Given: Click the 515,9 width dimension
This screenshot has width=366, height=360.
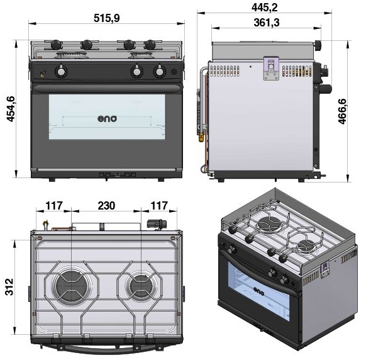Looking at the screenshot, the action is point(107,18).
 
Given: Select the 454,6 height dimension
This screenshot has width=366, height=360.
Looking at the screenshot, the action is point(11,109).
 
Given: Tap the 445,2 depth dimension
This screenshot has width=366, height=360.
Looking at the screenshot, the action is point(265,8).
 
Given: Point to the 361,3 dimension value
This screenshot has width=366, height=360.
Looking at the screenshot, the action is point(267,23).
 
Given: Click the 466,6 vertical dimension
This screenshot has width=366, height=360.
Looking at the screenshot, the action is point(342,111).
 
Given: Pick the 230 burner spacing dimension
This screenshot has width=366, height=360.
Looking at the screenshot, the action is point(106,206).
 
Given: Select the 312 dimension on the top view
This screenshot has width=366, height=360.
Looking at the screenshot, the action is point(9,287).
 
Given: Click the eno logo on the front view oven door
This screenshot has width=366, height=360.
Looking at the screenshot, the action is point(107,119).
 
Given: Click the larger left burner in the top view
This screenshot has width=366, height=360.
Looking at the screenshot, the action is point(70,286).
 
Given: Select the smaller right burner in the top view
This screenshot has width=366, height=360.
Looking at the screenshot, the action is point(141,286).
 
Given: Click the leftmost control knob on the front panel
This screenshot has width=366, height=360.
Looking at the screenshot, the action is point(61,71).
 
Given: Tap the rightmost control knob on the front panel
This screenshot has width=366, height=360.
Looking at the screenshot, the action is point(160,71).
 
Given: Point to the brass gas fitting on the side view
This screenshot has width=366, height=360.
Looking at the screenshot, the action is point(201,137).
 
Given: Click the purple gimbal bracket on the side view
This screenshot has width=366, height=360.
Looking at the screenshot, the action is point(271,68).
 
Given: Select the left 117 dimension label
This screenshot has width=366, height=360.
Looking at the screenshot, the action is point(54,206).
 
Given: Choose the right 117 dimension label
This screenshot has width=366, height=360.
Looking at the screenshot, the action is point(159,206).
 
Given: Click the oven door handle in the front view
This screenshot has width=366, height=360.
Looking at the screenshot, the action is point(107,88).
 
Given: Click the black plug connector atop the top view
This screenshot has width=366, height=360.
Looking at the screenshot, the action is point(157,224).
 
